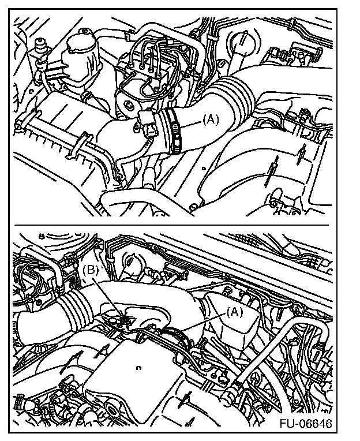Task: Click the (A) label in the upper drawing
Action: click(211, 120)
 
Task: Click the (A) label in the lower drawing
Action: click(235, 312)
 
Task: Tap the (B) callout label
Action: click(91, 270)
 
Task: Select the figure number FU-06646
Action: click(306, 423)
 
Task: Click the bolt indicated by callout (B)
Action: click(123, 319)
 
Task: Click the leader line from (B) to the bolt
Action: click(108, 296)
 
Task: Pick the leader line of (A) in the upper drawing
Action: click(191, 125)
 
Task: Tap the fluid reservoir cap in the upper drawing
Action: click(81, 44)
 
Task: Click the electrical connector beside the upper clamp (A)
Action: click(147, 123)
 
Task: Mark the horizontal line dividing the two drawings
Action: click(171, 225)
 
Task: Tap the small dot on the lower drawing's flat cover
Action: click(138, 368)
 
